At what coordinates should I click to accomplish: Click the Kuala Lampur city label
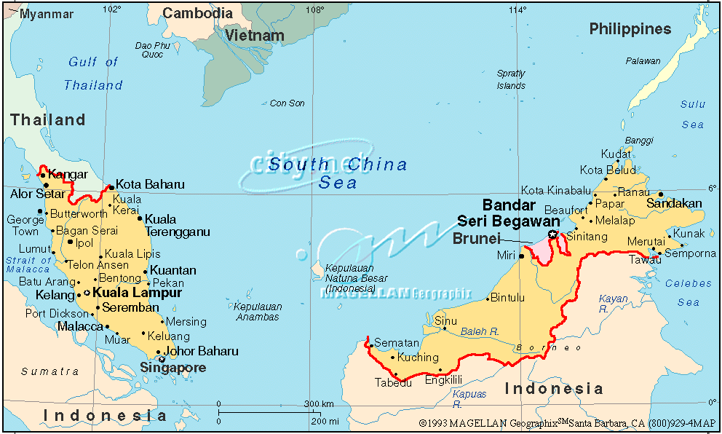(137, 293)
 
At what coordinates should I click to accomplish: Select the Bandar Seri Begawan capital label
(509, 213)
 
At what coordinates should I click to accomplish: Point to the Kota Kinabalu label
(556, 191)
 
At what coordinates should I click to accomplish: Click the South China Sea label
(338, 173)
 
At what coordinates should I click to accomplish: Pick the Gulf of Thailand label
(93, 74)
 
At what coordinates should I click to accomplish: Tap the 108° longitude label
(314, 9)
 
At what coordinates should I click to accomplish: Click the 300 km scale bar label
(319, 404)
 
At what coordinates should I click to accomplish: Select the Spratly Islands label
(511, 79)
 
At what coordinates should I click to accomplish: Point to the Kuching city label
(418, 358)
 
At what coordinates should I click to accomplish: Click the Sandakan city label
(675, 203)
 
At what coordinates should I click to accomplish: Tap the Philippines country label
(630, 29)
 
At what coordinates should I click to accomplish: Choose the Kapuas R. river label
(469, 398)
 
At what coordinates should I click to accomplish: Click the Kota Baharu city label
(150, 184)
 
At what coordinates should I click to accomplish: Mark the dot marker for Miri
(522, 256)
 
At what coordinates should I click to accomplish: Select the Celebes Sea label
(689, 293)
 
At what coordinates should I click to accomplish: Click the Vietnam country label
(254, 35)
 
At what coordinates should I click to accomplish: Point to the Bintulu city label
(507, 298)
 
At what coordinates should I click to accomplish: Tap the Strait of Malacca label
(28, 265)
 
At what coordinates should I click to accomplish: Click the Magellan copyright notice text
(568, 422)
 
